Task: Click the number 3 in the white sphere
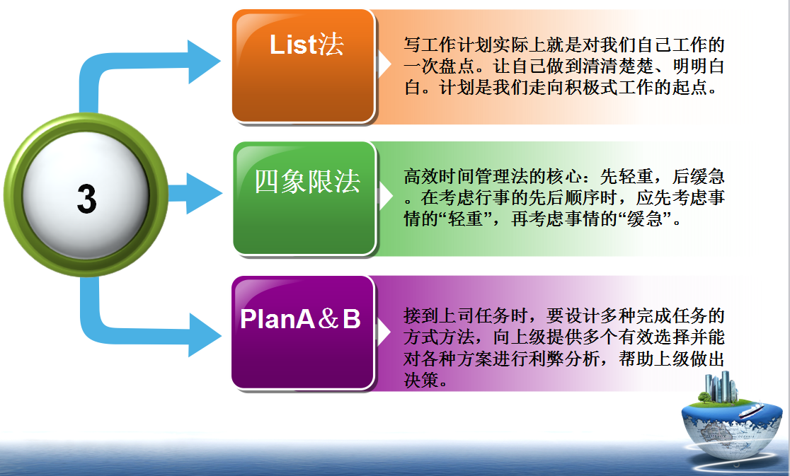pos(86,198)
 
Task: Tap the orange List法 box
pos(304,66)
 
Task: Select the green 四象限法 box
pos(305,198)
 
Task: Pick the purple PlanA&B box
pos(303,332)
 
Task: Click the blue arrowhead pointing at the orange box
pos(204,62)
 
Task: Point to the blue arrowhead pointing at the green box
pos(204,193)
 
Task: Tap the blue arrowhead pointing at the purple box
pos(205,335)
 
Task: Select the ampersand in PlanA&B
pos(328,318)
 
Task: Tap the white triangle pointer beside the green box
pos(386,196)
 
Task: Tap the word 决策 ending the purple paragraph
pos(421,380)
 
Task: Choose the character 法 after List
pos(331,45)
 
